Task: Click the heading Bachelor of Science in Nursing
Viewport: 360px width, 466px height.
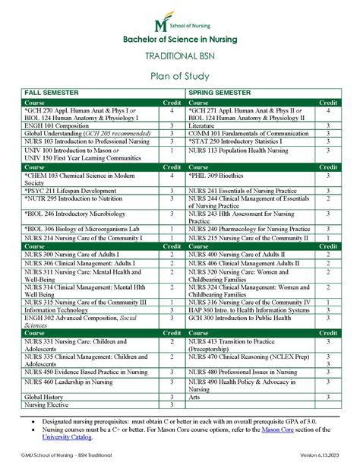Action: [x=180, y=39]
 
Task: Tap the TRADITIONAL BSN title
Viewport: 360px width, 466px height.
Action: [x=180, y=57]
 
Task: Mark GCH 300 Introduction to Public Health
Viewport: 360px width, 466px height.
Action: [x=240, y=318]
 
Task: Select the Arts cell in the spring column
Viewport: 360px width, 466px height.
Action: [x=195, y=397]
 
